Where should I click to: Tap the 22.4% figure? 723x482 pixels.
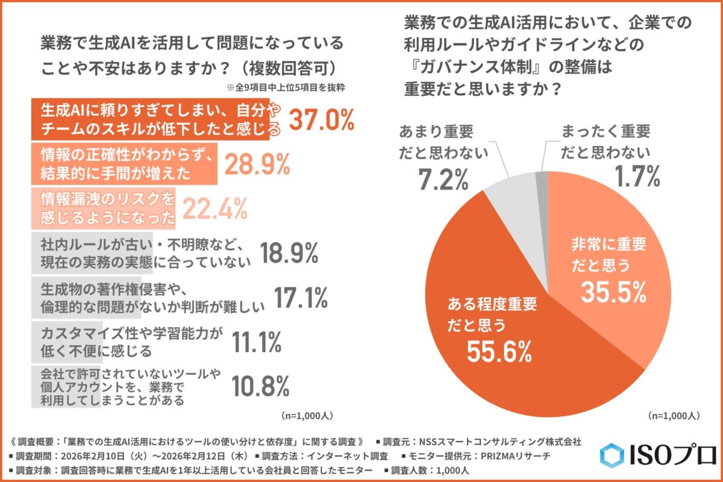click(214, 208)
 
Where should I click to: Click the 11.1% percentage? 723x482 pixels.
click(257, 342)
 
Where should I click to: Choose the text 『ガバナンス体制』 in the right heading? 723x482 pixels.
click(468, 68)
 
